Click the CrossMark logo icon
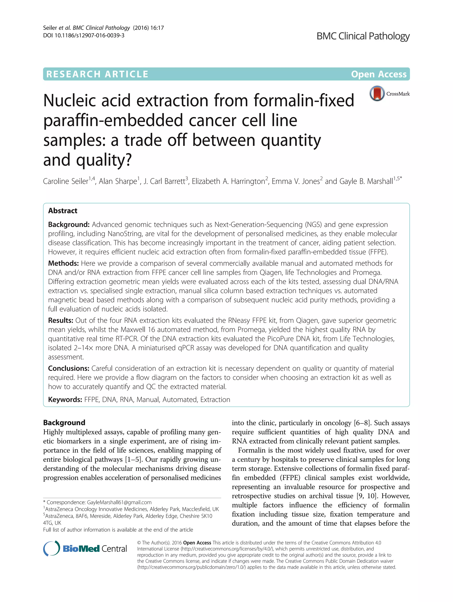coord(377,93)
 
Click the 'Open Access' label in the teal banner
coord(378,74)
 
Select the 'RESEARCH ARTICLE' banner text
coord(97,74)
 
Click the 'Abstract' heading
coord(63,211)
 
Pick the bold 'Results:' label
coord(60,320)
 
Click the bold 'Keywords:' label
coord(65,400)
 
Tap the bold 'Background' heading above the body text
coord(64,422)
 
